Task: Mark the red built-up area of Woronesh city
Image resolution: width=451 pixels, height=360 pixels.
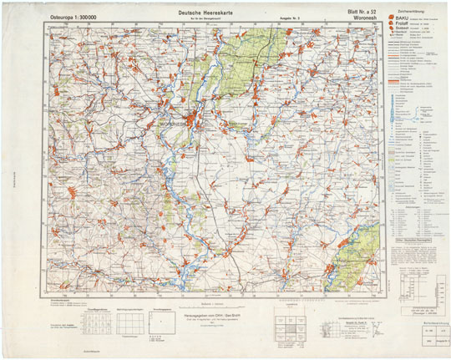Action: coord(196,119)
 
